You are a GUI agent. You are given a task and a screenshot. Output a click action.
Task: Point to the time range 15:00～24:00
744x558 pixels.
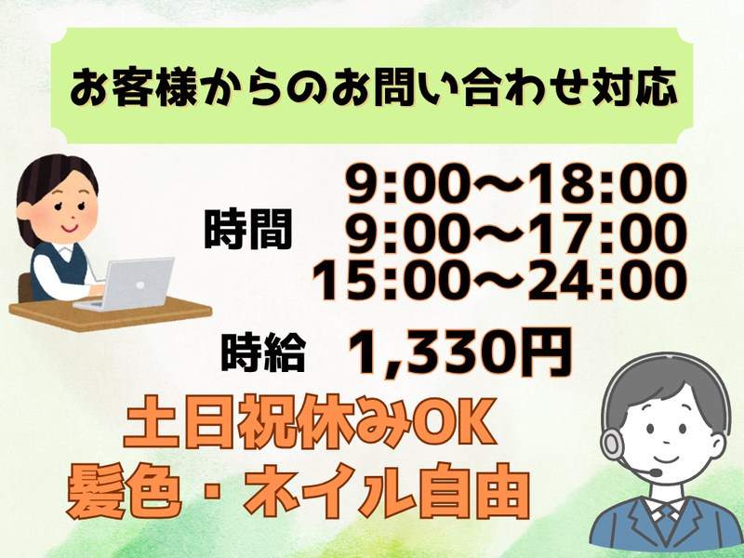coord(499,280)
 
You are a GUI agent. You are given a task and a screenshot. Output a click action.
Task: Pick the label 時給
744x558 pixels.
coord(265,353)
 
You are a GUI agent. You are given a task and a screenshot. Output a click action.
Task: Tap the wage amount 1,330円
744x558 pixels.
coord(459,351)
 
